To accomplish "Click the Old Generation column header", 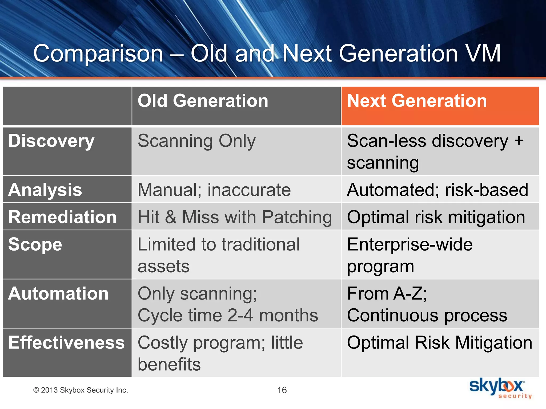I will point(203,101).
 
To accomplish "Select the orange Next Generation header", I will point(417,101).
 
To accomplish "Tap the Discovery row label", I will point(51,141).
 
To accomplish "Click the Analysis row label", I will point(45,190).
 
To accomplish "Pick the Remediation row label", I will point(62,217).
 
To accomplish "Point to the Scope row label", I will point(35,244).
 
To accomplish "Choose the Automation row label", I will point(58,293).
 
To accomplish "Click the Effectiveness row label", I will point(66,342).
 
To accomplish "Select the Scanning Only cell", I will point(196,141).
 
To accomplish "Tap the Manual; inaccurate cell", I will point(214,190).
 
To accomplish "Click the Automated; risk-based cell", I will point(437,190).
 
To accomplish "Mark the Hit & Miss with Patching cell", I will point(235,217).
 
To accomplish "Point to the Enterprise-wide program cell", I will point(410,255).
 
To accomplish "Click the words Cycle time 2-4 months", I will point(228,316).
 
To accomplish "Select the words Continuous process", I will point(427,316).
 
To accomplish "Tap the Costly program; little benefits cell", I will point(220,353).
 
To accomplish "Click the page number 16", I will point(282,390).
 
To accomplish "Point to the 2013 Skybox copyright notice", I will point(81,390).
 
